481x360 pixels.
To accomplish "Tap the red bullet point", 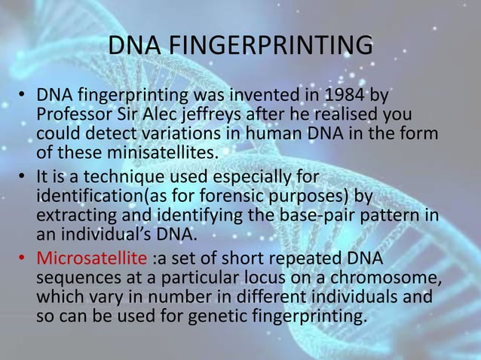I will coord(24,260).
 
